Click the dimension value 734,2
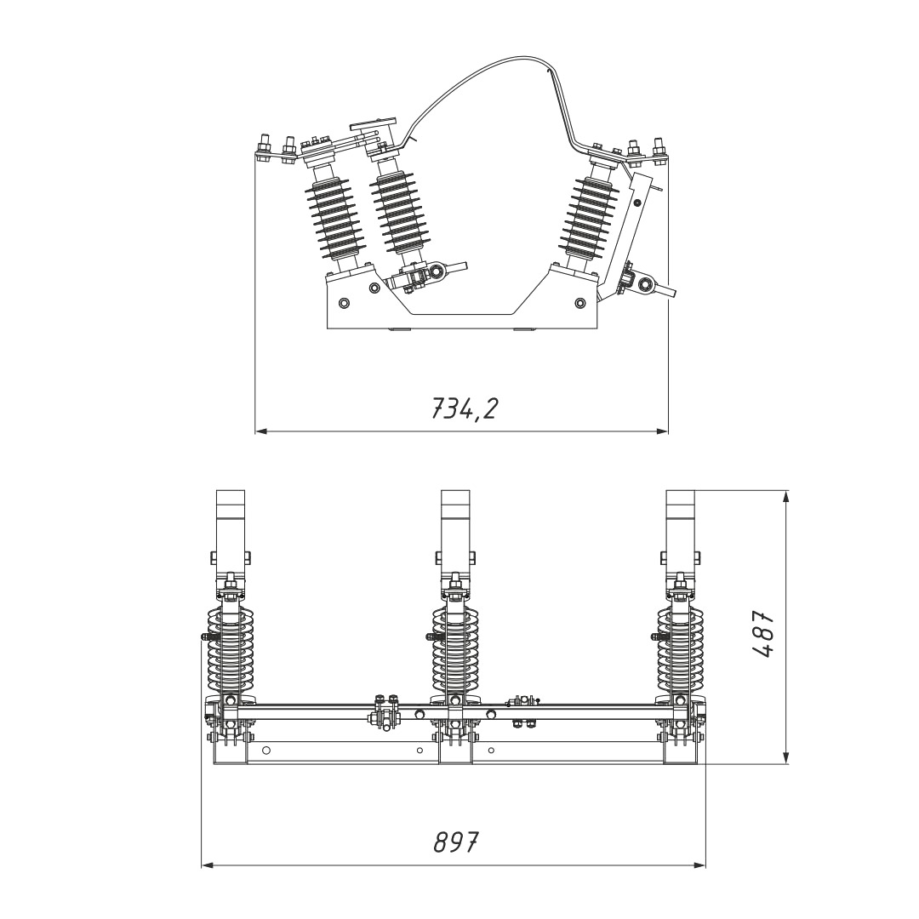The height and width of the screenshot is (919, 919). click(x=464, y=408)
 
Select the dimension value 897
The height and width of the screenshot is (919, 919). click(x=456, y=842)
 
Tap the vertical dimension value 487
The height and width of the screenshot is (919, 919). click(x=762, y=635)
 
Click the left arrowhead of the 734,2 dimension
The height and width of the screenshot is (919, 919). click(x=261, y=431)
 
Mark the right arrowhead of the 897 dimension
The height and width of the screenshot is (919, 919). click(x=699, y=865)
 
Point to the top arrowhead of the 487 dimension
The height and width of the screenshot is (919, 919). click(x=786, y=496)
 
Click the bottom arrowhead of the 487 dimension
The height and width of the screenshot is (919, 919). click(x=786, y=758)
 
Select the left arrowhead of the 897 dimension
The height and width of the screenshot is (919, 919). click(x=208, y=865)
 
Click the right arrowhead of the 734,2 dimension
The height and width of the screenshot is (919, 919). click(x=662, y=431)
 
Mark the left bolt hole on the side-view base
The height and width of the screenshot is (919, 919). click(x=344, y=302)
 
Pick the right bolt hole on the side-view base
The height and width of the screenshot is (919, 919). click(x=580, y=302)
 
